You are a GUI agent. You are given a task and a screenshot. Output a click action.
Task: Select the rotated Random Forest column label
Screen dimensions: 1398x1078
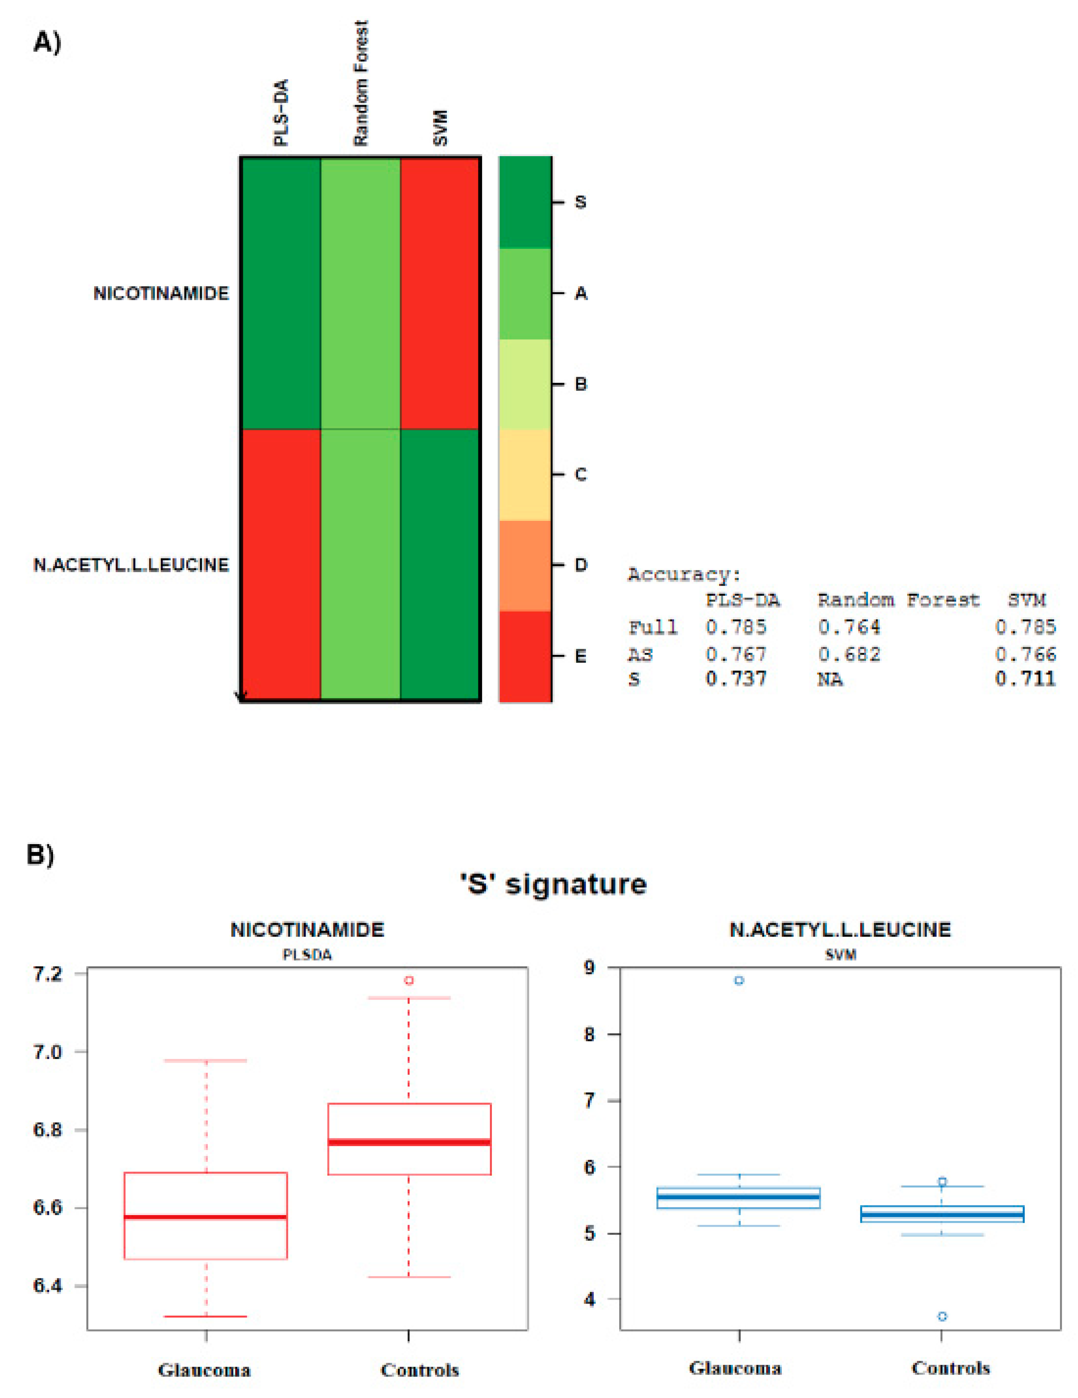[x=361, y=83]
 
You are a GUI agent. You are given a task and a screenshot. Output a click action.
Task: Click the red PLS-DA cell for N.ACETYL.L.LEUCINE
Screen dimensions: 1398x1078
[x=280, y=564]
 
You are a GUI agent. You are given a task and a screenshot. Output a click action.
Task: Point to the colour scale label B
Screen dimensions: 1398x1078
[x=580, y=384]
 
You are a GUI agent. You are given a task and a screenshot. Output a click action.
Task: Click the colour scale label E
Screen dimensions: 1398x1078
[x=580, y=656]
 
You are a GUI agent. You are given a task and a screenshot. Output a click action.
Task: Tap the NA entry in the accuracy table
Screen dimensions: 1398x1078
[x=830, y=679]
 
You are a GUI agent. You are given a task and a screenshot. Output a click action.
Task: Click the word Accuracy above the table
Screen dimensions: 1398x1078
[x=683, y=574]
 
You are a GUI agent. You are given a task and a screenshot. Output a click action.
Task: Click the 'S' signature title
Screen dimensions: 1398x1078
[x=553, y=884]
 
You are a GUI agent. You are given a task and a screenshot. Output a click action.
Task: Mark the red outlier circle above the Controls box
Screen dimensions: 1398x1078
[x=408, y=980]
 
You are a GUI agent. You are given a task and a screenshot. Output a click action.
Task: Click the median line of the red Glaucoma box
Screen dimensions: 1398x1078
[x=206, y=1217]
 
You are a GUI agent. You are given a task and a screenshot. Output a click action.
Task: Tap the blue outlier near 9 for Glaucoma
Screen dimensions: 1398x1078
[x=739, y=980]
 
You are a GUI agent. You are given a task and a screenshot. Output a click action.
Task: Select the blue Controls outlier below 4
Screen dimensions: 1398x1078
[x=942, y=1316]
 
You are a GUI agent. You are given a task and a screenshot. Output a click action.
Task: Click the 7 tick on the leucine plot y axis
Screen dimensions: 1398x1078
[x=589, y=1100]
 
